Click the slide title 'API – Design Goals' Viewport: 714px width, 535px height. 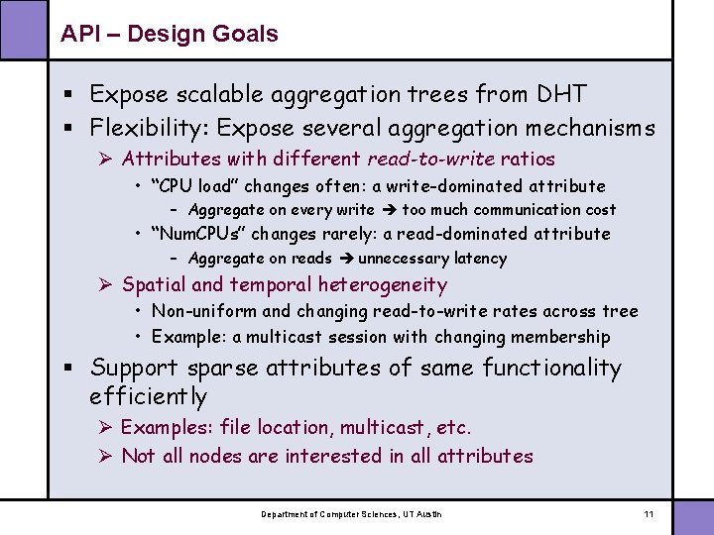tap(169, 34)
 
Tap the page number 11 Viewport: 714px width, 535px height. tap(649, 514)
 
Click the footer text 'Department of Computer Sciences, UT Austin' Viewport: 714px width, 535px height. tap(351, 514)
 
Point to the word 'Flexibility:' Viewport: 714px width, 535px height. tap(150, 128)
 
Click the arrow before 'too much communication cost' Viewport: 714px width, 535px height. tap(388, 210)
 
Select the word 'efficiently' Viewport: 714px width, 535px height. tap(148, 397)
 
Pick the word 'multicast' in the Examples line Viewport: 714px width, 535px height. tap(382, 427)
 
